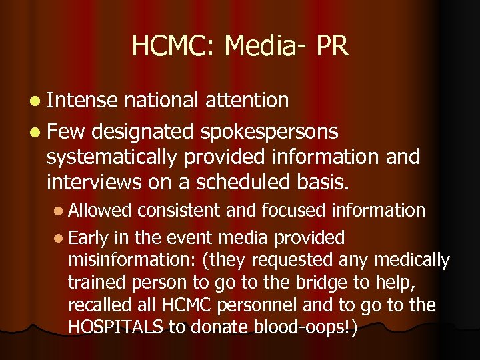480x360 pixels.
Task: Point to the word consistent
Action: (179, 211)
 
